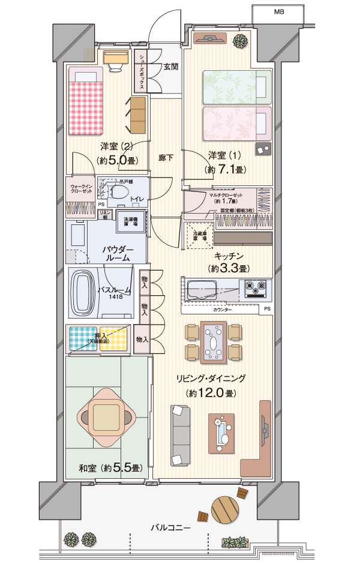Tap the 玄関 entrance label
170,67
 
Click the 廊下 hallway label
166,158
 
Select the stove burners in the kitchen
257,289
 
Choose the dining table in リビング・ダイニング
214,343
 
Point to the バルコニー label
170,528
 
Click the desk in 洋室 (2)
116,57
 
